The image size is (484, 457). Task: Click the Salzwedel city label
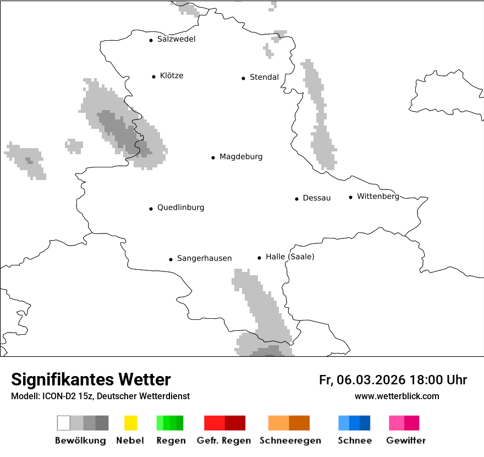(x=176, y=39)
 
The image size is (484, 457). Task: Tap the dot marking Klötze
(x=153, y=77)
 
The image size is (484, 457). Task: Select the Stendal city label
(x=264, y=78)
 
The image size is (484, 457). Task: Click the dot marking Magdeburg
(x=213, y=157)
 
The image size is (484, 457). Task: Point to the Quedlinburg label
(x=180, y=208)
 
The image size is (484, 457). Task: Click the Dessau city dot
(x=296, y=199)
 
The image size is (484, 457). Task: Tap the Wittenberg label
(x=378, y=197)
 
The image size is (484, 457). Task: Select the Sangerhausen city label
(x=204, y=258)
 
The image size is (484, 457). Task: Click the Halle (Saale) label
(x=290, y=257)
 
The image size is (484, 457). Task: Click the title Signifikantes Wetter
(x=91, y=380)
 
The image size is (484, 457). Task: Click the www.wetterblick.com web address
(x=397, y=396)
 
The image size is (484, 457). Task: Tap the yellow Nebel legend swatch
(x=130, y=423)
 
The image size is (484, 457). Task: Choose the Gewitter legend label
(x=406, y=440)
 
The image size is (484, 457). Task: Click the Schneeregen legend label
(x=289, y=440)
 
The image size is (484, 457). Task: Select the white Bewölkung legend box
(x=63, y=423)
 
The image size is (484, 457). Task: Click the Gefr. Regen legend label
(x=223, y=440)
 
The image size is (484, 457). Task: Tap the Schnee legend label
(x=354, y=440)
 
